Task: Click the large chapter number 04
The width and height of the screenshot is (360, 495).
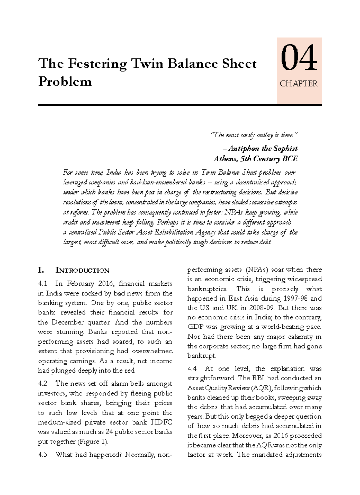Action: pyautogui.click(x=298, y=58)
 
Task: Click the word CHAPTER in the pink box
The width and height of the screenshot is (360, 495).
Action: pyautogui.click(x=298, y=84)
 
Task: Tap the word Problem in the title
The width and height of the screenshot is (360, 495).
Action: pyautogui.click(x=65, y=82)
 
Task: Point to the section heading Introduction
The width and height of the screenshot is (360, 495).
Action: pyautogui.click(x=82, y=270)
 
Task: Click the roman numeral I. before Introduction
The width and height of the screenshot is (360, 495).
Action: pyautogui.click(x=41, y=270)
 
